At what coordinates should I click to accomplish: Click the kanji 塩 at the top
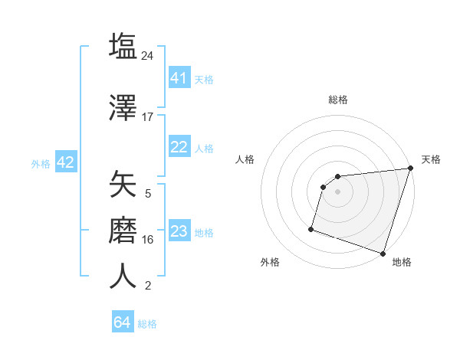(x=123, y=46)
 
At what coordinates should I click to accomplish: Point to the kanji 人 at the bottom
(x=123, y=276)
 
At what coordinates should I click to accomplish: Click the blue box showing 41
(x=179, y=78)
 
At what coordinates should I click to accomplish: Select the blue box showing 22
(x=179, y=147)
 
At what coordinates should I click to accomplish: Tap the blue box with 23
(x=179, y=231)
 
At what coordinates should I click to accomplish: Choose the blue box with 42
(x=65, y=162)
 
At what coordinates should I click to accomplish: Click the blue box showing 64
(x=123, y=322)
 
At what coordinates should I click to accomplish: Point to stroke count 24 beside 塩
(x=148, y=56)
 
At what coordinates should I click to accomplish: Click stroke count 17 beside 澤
(x=148, y=117)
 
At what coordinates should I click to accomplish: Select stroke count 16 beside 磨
(x=148, y=240)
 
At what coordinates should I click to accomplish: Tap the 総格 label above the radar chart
(x=337, y=100)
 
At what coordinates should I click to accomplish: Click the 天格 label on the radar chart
(x=431, y=159)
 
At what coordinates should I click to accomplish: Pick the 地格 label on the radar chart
(x=402, y=262)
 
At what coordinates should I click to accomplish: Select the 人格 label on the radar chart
(x=245, y=159)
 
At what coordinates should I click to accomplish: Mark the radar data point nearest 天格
(x=410, y=169)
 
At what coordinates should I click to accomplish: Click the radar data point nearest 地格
(x=383, y=253)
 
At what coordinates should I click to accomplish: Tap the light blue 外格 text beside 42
(x=41, y=163)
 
